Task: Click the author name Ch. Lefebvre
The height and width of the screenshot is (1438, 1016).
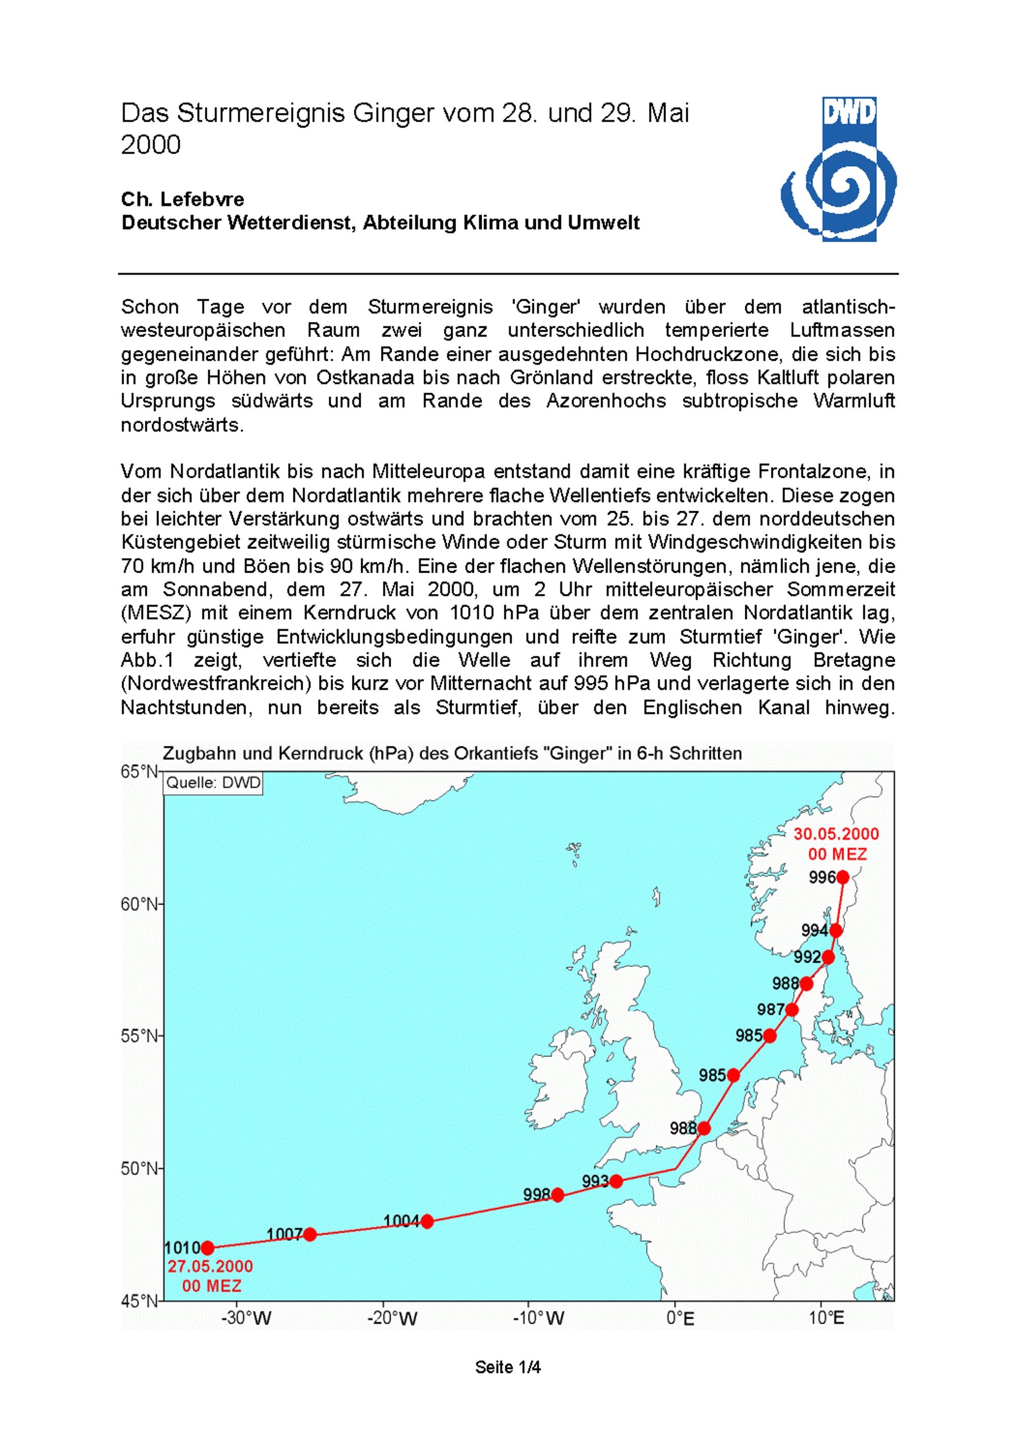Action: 182,199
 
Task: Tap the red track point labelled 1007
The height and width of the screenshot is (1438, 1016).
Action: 310,1234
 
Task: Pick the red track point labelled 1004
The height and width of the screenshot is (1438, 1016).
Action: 427,1222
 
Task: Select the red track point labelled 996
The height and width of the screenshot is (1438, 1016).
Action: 843,878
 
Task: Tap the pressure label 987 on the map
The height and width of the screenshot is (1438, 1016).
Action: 770,1010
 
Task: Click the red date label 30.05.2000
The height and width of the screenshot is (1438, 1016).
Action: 836,834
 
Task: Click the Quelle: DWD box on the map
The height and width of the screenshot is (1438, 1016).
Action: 212,783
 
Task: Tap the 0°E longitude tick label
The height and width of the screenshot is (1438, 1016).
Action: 680,1319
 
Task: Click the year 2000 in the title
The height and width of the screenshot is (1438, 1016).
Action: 151,145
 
